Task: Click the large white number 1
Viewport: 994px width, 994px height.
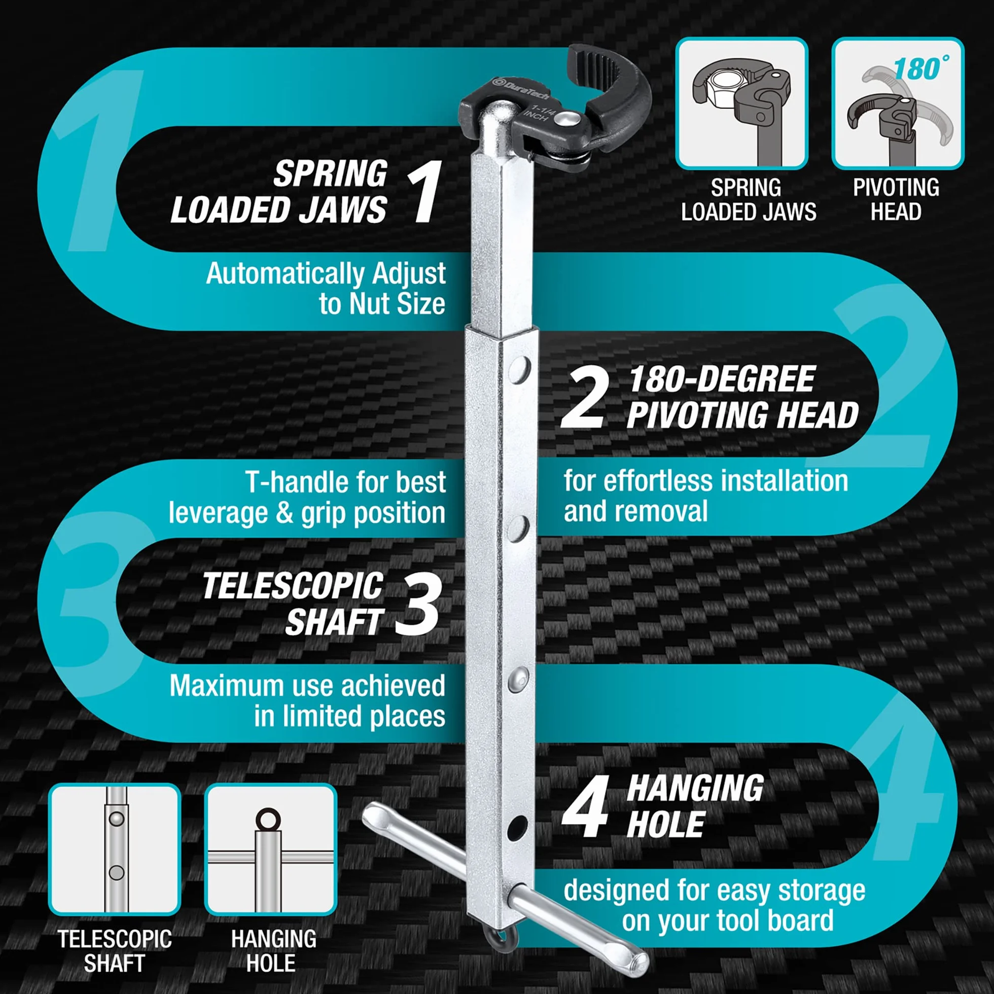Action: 425,191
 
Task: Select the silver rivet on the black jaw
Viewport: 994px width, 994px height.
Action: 570,119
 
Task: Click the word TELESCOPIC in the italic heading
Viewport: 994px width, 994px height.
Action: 292,586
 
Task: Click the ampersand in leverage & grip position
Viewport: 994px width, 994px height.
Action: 285,513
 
